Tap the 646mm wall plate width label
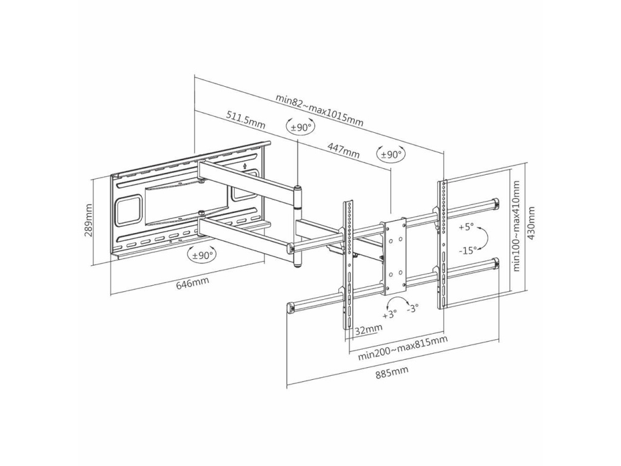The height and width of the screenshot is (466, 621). (x=193, y=283)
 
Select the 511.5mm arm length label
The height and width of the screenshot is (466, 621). (x=246, y=119)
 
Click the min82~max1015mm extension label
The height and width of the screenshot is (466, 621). (x=320, y=110)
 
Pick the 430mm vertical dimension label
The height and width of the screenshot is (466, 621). (x=532, y=223)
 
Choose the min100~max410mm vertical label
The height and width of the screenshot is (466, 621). (x=516, y=225)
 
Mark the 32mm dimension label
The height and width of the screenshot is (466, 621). (x=369, y=329)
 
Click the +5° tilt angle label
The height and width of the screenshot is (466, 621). (x=466, y=227)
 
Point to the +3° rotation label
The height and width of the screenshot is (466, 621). (x=389, y=315)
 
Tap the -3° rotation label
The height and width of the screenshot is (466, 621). (x=412, y=308)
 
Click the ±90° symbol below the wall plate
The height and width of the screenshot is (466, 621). (x=203, y=255)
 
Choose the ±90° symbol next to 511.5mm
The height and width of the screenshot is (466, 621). (x=301, y=127)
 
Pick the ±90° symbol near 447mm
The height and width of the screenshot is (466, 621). (x=391, y=154)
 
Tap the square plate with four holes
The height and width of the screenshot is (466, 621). (x=394, y=255)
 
